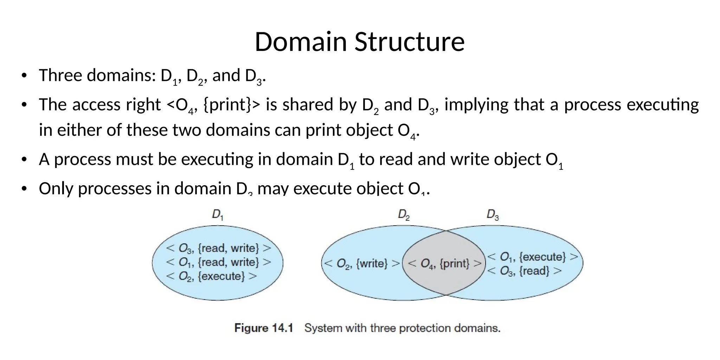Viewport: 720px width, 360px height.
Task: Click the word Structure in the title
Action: (409, 42)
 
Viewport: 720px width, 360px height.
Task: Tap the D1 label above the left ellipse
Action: (218, 214)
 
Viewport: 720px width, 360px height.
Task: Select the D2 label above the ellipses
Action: (404, 214)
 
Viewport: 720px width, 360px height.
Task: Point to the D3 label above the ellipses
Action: (493, 214)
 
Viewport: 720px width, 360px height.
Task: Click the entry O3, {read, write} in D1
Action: (218, 248)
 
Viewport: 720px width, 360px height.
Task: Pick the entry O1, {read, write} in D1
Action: (218, 262)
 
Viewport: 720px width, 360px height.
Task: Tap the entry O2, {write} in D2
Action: (362, 263)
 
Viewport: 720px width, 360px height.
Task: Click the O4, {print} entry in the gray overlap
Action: (444, 263)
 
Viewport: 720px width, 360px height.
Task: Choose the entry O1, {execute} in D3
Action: (532, 257)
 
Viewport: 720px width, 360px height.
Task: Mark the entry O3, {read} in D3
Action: (524, 271)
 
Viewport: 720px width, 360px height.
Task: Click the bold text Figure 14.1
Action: (264, 328)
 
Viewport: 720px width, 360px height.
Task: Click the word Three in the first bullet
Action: (60, 76)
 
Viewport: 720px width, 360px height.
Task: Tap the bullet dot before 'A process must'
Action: (24, 160)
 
